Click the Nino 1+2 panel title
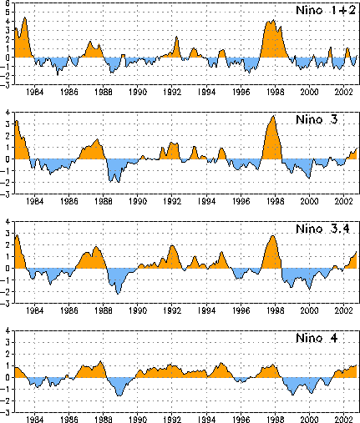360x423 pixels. (326, 11)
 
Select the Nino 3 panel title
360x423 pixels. (317, 119)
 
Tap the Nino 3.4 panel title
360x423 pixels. (322, 229)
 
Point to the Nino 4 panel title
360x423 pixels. (317, 338)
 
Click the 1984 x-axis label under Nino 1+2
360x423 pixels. (35, 92)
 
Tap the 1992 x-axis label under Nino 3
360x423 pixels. (172, 201)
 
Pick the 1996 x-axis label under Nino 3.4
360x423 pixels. (241, 310)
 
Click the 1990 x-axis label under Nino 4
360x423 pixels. (138, 420)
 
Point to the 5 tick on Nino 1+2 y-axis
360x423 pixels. (8, 13)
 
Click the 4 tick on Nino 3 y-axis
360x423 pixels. (8, 113)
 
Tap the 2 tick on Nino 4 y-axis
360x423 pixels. (8, 355)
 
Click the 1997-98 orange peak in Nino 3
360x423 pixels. (272, 139)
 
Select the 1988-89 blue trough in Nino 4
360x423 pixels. (119, 386)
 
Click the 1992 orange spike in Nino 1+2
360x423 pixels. (176, 48)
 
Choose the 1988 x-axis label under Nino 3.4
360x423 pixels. (104, 310)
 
